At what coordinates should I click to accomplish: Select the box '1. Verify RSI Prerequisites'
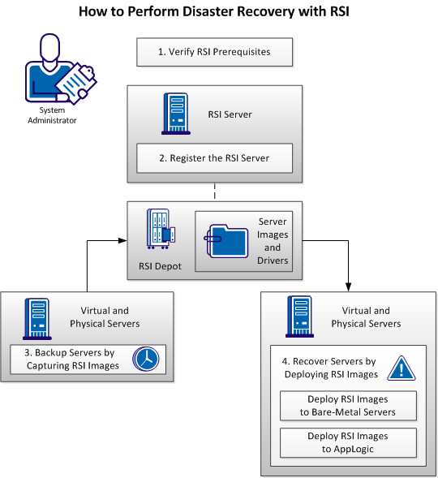click(x=213, y=52)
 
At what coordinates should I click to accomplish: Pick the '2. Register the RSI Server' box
click(x=213, y=158)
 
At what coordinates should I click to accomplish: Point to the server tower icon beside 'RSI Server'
click(x=174, y=113)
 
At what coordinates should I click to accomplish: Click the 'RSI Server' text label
click(x=230, y=114)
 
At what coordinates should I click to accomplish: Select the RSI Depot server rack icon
click(x=158, y=230)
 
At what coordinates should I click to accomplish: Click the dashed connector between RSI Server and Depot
click(x=214, y=192)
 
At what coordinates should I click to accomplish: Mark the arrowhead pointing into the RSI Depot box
click(x=122, y=240)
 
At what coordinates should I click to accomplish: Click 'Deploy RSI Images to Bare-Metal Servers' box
click(x=347, y=405)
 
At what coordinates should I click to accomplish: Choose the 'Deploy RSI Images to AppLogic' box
click(x=347, y=441)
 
